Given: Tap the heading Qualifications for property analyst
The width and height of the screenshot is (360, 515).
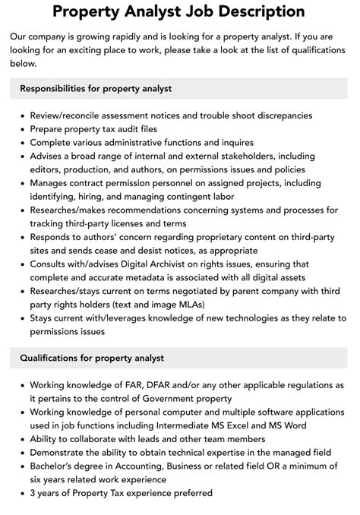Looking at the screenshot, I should pos(92,358).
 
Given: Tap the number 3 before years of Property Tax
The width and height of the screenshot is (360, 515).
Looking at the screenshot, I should pos(33,494).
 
